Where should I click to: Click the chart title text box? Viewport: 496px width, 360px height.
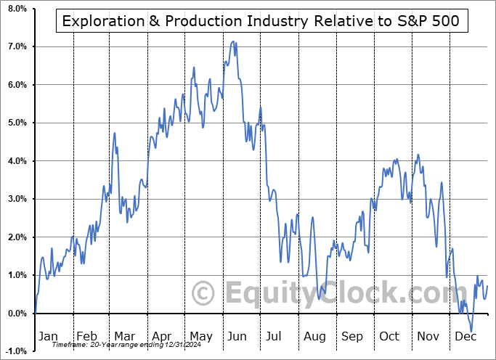point(261,21)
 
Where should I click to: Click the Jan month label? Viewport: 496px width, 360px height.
point(48,336)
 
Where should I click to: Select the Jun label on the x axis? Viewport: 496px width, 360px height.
point(237,336)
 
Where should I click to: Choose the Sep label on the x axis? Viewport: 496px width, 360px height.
point(352,336)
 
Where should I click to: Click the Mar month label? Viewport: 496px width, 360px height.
point(123,336)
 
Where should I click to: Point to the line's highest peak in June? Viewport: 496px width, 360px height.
point(233,41)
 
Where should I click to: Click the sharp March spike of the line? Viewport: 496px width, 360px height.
point(115,133)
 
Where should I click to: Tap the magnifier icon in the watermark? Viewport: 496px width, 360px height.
point(203,292)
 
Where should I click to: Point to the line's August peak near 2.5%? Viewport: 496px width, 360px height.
point(313,217)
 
